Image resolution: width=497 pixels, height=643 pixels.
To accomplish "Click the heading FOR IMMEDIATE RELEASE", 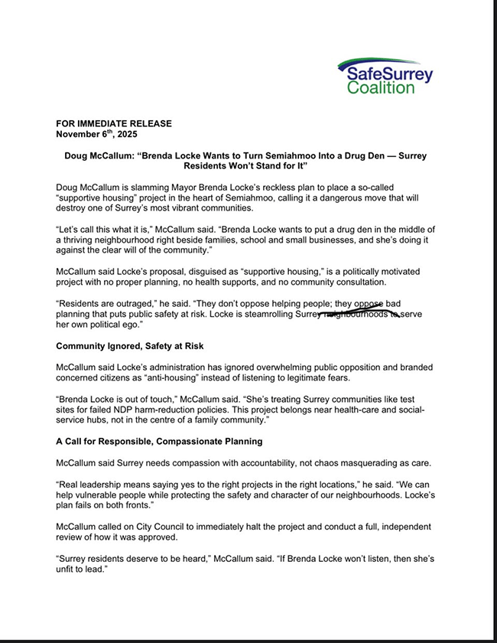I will [x=114, y=123].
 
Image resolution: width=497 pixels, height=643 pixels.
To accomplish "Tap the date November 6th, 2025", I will [x=97, y=133].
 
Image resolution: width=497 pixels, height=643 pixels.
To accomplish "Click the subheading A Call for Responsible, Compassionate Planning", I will [x=160, y=442].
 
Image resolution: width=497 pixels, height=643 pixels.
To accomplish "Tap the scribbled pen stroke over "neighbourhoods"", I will [x=359, y=313].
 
